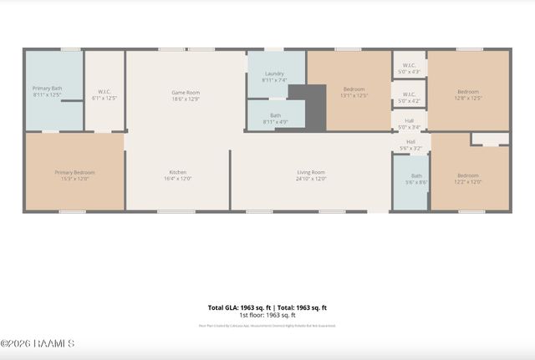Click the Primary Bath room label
coord(47,89)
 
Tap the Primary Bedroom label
coord(74,173)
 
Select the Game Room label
coord(185,93)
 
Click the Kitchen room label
coord(177,173)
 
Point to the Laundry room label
coord(274,74)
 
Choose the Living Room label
coord(311,173)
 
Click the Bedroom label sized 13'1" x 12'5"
coord(354,89)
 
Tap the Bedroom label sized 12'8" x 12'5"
coord(468,92)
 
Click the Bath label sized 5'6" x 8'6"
coord(416,175)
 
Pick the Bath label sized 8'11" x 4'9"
coord(275,115)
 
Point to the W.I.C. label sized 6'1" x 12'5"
coord(104,92)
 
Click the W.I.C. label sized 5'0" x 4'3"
coord(410,65)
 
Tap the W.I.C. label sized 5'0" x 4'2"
coord(410,94)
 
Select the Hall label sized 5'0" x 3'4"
coord(410,120)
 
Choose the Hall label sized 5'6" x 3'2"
coord(411,142)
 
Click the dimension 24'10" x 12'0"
coord(311,178)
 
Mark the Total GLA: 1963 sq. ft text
coord(237,307)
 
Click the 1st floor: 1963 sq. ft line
coord(267,315)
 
